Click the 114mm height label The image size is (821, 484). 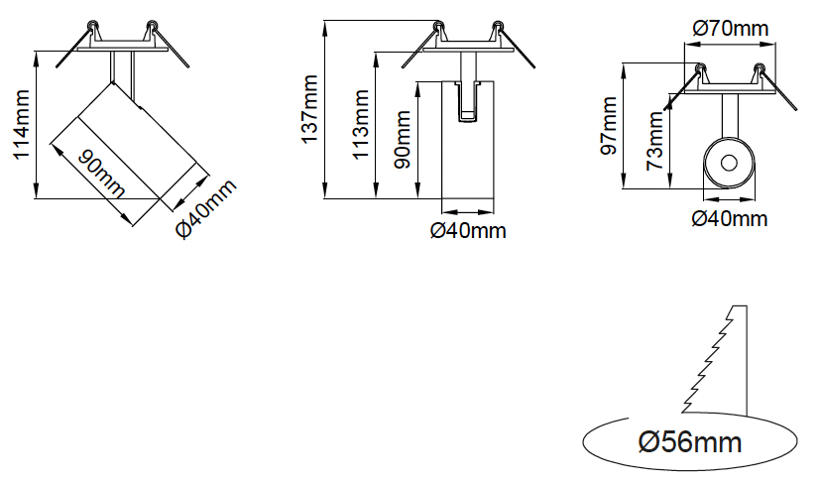click(x=21, y=125)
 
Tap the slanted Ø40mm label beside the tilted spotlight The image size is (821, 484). click(x=208, y=208)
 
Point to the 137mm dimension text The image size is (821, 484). click(x=311, y=110)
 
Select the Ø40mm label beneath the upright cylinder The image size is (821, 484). click(x=468, y=231)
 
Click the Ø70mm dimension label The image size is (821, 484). click(x=730, y=29)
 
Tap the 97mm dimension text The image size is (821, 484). click(x=609, y=125)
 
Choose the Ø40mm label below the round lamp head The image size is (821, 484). click(x=730, y=218)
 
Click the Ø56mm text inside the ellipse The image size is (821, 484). click(x=690, y=439)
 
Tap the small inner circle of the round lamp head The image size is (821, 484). click(x=730, y=162)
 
